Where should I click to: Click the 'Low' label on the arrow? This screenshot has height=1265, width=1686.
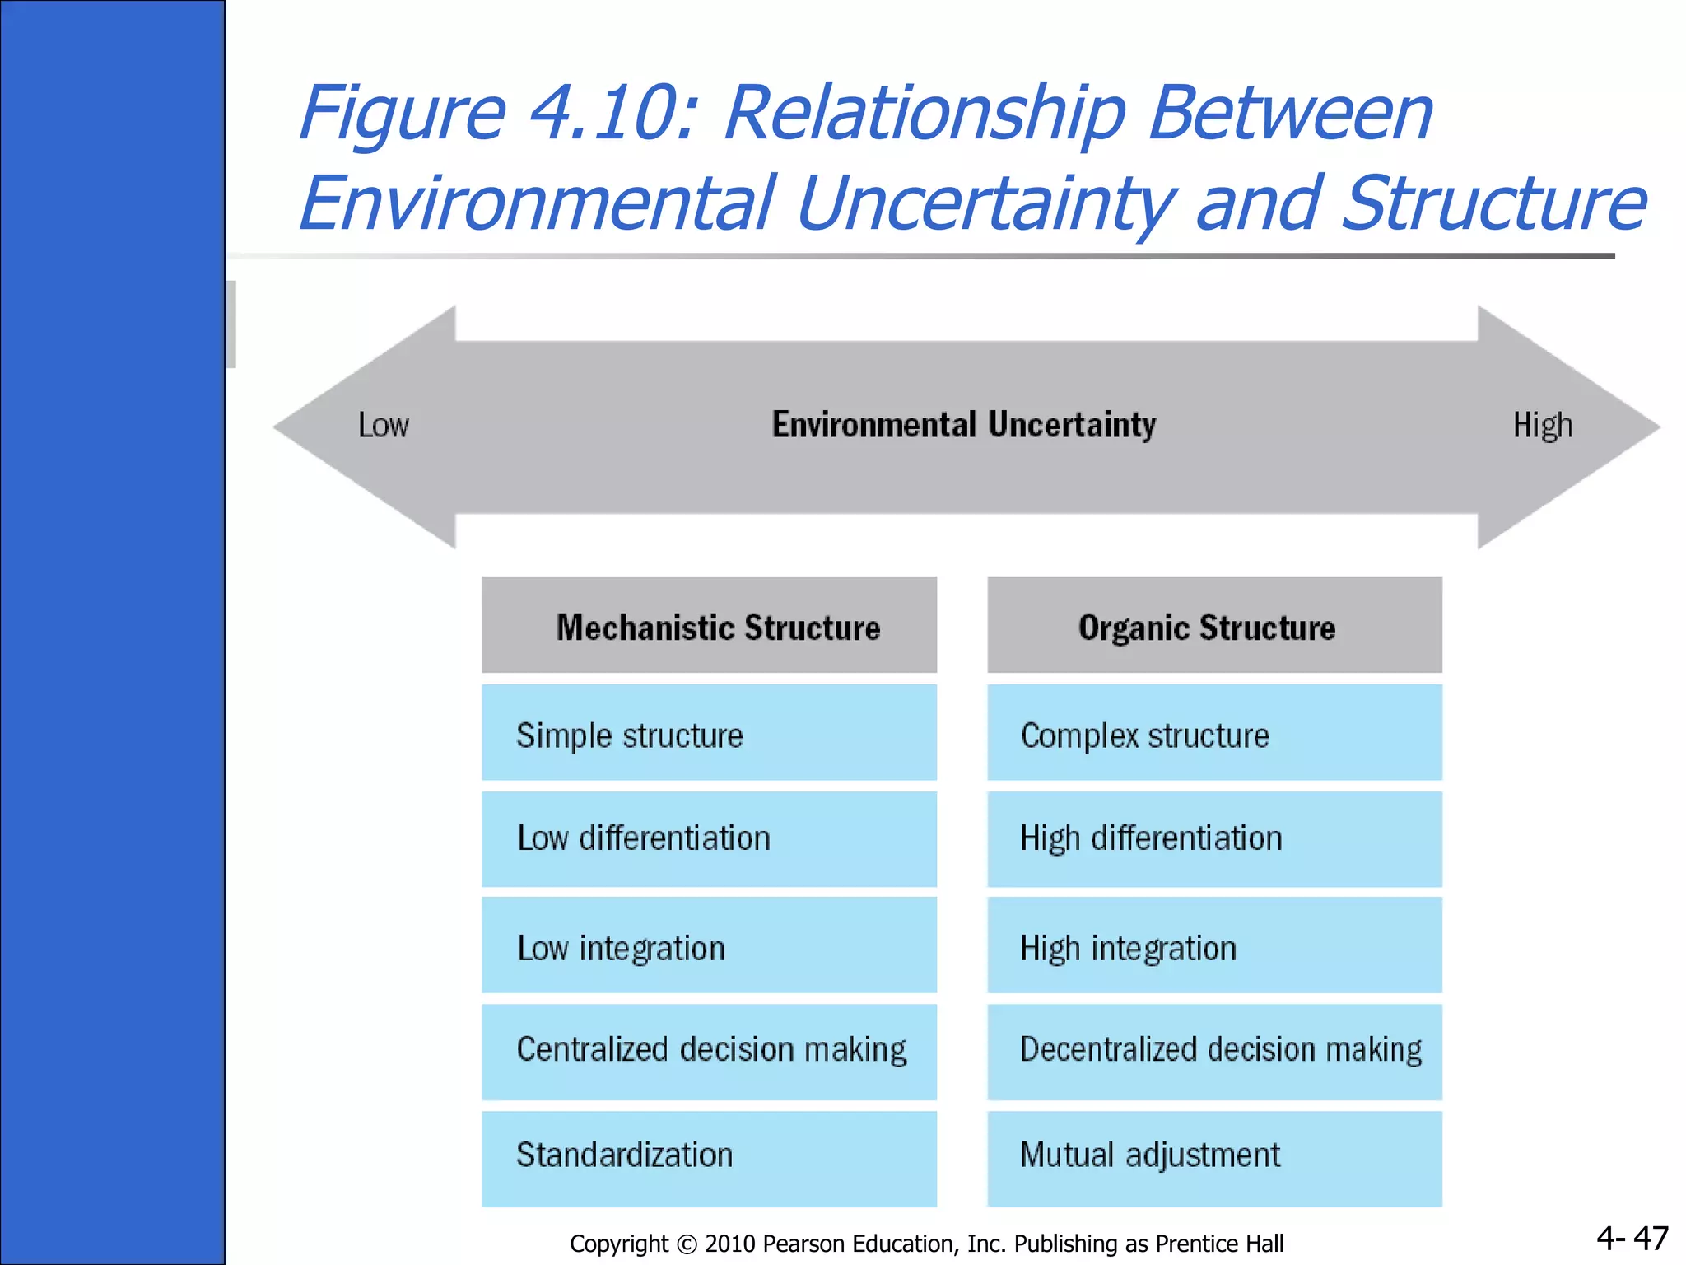click(383, 426)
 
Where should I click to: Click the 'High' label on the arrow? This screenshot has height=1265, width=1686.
click(1542, 426)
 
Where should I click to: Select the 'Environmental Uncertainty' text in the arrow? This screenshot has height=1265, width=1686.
click(963, 425)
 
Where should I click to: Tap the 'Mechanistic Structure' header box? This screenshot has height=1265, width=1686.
click(709, 626)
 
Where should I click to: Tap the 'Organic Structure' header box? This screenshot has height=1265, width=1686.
click(1214, 626)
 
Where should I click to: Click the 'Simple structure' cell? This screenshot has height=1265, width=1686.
click(709, 733)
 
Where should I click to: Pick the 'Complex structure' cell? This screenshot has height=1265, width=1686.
click(1214, 733)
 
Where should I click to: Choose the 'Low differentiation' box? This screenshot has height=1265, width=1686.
click(709, 838)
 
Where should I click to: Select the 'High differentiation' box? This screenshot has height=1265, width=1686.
click(1214, 838)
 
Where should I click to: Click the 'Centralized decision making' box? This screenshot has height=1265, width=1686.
click(709, 1051)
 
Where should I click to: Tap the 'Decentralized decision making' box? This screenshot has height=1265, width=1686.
click(1214, 1051)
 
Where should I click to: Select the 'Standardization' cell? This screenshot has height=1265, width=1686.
click(709, 1157)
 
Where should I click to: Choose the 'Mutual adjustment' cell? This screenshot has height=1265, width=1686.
click(1214, 1157)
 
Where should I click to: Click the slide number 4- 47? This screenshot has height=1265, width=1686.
click(1632, 1239)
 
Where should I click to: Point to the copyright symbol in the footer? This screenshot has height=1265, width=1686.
click(687, 1244)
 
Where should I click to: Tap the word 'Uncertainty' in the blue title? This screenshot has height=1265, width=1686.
click(988, 203)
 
